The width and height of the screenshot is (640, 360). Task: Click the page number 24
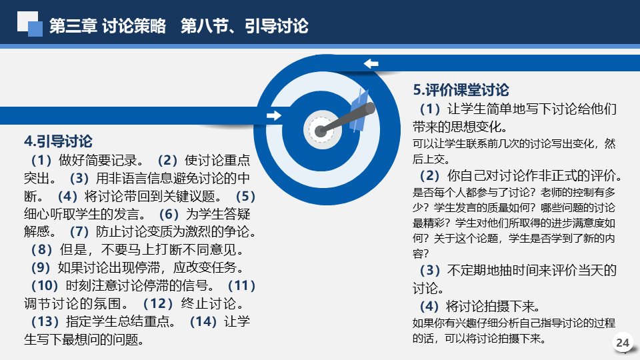(x=623, y=343)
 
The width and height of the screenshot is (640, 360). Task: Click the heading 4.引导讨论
(x=59, y=141)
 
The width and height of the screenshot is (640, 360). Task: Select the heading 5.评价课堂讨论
(x=461, y=90)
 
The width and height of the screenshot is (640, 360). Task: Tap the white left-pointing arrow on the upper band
(x=371, y=63)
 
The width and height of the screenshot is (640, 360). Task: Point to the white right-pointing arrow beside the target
(x=274, y=115)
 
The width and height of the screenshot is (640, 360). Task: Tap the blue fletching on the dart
(x=359, y=110)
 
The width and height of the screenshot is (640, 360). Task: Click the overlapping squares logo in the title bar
(x=30, y=24)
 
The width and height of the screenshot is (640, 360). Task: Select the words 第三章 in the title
(x=73, y=26)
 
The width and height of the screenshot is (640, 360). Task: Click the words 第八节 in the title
(x=204, y=26)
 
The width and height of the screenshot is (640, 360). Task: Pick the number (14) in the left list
(x=203, y=321)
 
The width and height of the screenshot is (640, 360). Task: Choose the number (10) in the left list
(x=45, y=286)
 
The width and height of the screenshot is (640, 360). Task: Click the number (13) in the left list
(x=45, y=321)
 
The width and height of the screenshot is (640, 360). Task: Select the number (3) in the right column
(x=430, y=270)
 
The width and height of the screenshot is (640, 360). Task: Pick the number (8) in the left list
(x=41, y=250)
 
